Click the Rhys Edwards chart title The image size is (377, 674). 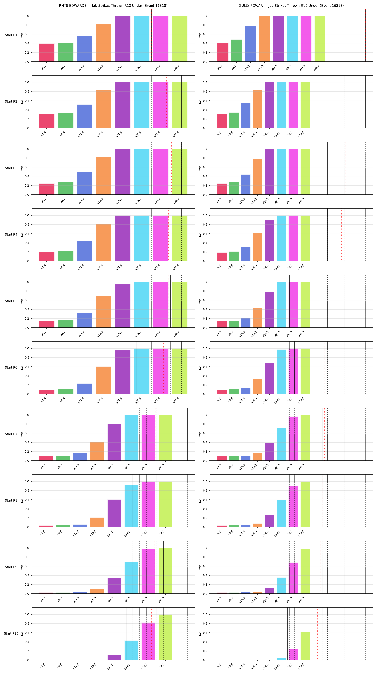click(113, 6)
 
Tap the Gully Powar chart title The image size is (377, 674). click(291, 6)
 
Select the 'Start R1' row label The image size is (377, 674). click(11, 35)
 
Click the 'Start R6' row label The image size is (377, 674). click(11, 367)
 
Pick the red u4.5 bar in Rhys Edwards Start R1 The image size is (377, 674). click(47, 53)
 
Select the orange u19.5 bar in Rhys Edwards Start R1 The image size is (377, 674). click(104, 43)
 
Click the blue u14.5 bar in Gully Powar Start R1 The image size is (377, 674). click(250, 44)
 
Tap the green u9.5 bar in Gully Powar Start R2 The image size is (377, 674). click(234, 120)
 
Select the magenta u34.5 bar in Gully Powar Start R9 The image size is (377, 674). click(293, 578)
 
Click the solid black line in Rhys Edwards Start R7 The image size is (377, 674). click(187, 434)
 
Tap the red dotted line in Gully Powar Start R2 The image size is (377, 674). click(355, 102)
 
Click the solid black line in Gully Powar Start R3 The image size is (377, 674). click(328, 168)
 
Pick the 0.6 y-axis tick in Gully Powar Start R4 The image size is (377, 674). click(205, 234)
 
